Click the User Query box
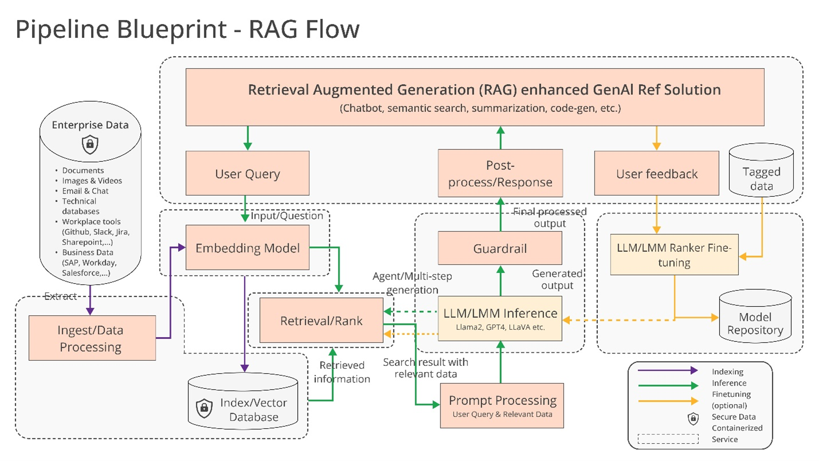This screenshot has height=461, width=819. point(247,174)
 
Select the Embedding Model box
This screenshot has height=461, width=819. point(247,248)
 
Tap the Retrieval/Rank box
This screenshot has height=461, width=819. point(321,321)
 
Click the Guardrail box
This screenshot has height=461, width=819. point(500,248)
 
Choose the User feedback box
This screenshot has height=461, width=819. point(656,173)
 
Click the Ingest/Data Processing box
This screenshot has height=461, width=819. point(92,338)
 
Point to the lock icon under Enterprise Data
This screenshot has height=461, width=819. point(89,144)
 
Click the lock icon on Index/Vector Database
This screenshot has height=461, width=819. point(204,408)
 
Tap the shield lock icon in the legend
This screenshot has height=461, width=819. point(693,419)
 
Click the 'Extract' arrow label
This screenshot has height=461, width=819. point(60,296)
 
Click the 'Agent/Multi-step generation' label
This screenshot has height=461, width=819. point(412,282)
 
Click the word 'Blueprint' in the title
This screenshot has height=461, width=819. point(172,29)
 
